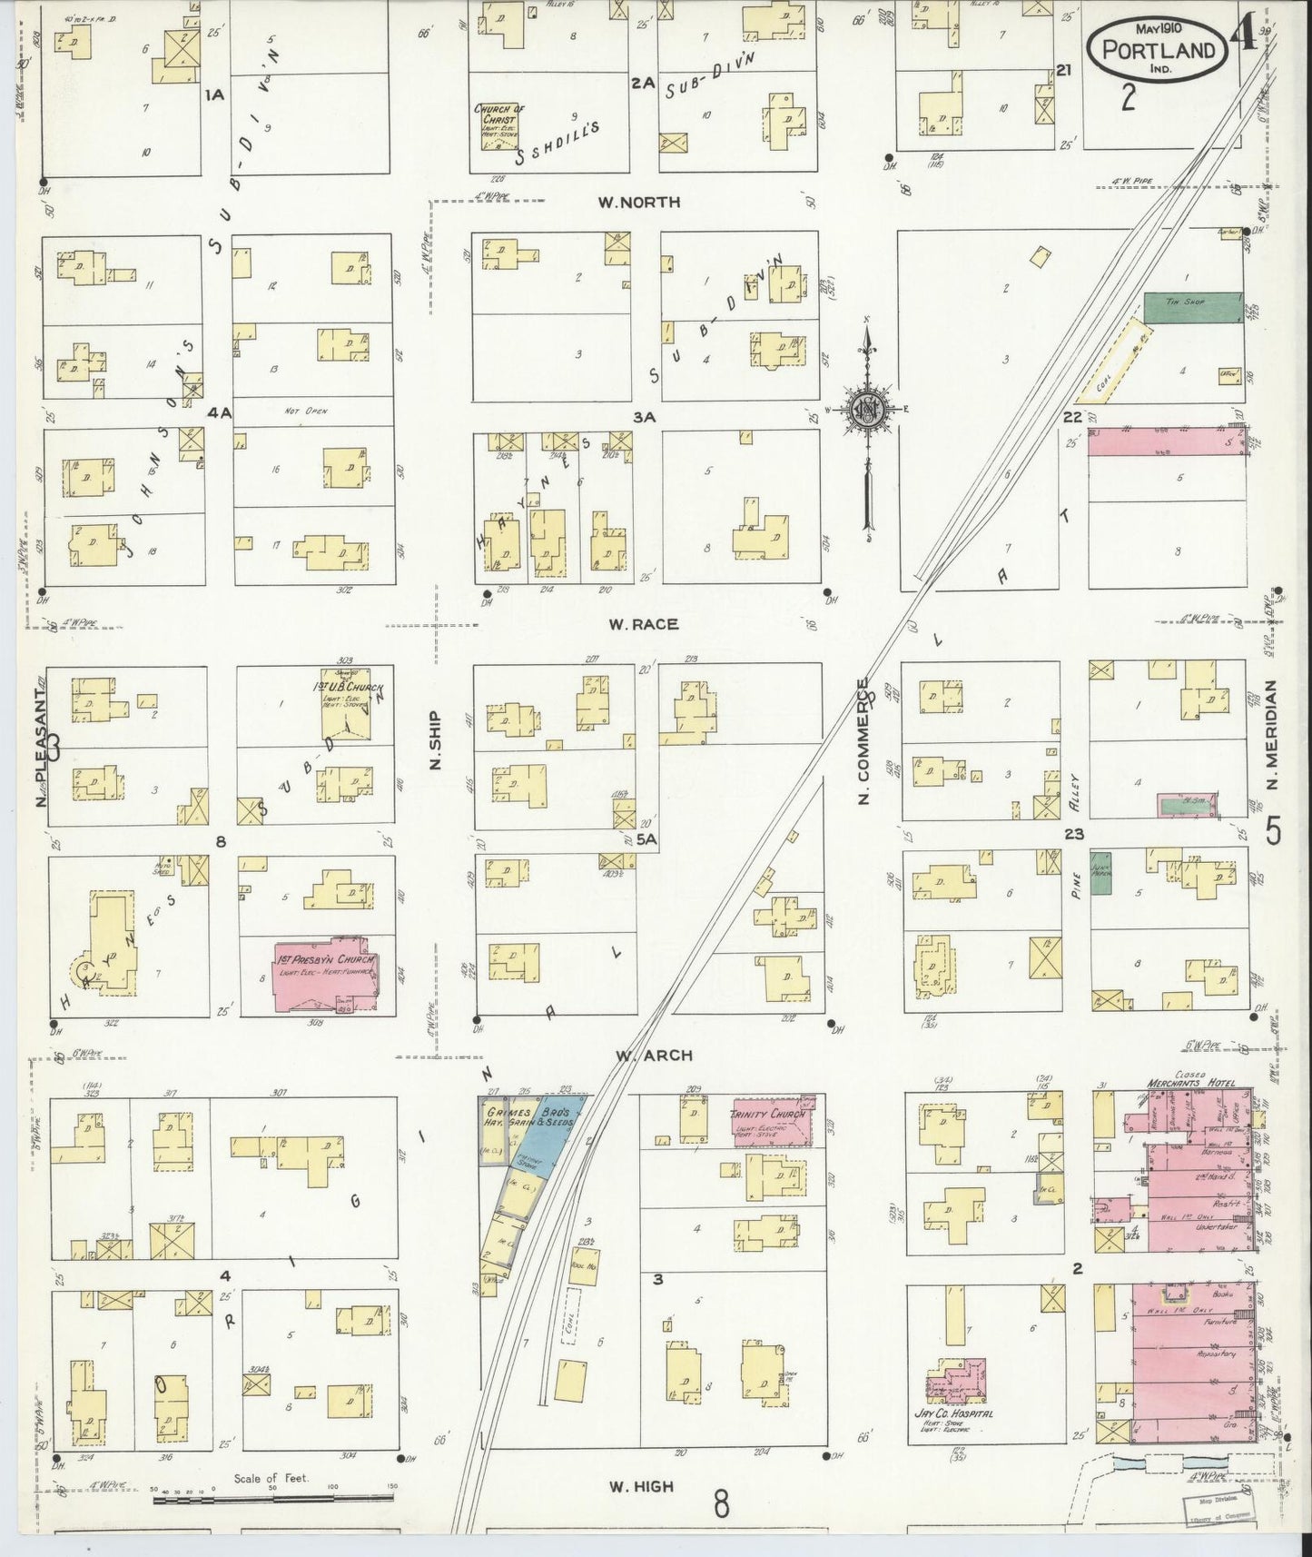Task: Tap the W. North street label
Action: (638, 202)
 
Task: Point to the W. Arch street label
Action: (653, 1055)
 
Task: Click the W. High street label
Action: (641, 1486)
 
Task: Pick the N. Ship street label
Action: (435, 739)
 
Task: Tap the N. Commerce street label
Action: (864, 741)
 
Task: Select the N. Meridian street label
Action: (1272, 736)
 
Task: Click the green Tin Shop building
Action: (1192, 307)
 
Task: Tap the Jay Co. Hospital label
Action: (952, 1439)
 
